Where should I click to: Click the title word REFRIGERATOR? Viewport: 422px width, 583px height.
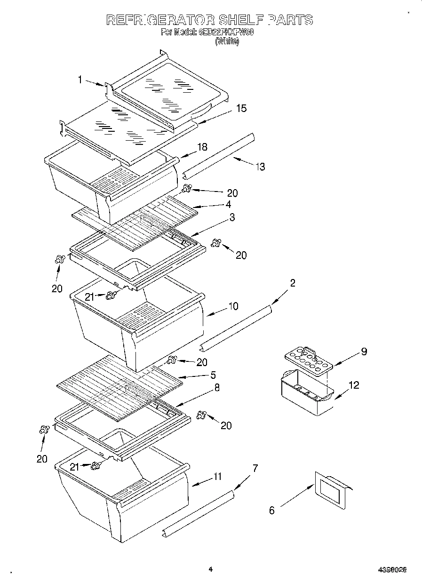160,20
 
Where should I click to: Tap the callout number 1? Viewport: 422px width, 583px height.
80,80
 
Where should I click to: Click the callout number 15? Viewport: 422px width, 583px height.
240,109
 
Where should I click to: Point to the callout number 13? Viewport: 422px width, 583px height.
260,167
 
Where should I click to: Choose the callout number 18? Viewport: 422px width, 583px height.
202,147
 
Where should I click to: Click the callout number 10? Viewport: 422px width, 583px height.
233,306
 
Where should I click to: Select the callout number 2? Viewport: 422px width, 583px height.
293,283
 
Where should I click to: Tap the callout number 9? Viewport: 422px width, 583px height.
364,351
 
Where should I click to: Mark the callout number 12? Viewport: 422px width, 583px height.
354,385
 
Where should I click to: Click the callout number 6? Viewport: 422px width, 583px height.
271,510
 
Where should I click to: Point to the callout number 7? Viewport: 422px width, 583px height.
255,468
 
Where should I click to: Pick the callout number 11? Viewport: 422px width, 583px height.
217,476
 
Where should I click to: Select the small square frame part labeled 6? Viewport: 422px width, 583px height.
332,490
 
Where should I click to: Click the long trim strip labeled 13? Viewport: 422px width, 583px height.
219,155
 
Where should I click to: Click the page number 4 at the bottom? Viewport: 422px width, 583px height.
210,569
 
